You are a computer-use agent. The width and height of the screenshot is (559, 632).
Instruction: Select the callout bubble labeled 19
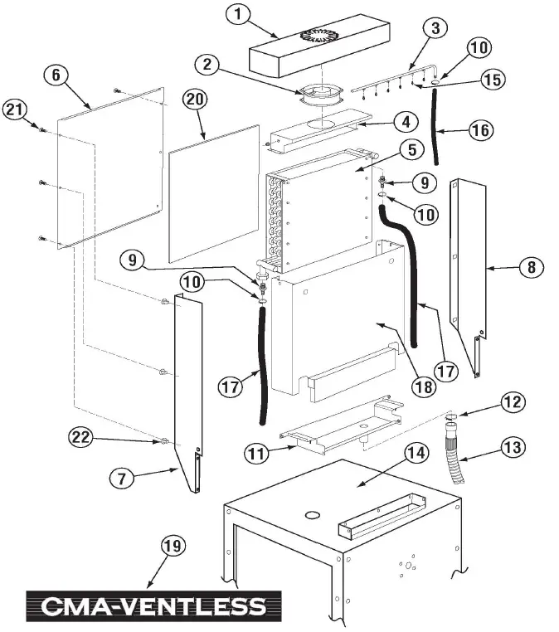click(x=172, y=546)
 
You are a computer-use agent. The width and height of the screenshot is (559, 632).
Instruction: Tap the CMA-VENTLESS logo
click(x=153, y=606)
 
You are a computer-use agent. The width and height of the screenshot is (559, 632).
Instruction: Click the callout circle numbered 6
click(x=56, y=75)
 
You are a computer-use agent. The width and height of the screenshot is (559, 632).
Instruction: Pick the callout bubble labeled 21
click(x=15, y=108)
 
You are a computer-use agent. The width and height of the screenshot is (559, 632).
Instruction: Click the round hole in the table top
click(x=313, y=515)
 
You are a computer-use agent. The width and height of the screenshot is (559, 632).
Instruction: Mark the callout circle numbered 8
click(x=531, y=267)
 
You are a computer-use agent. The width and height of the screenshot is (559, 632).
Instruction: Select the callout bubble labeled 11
click(x=257, y=453)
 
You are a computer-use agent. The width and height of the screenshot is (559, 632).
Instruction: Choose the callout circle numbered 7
click(x=122, y=478)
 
